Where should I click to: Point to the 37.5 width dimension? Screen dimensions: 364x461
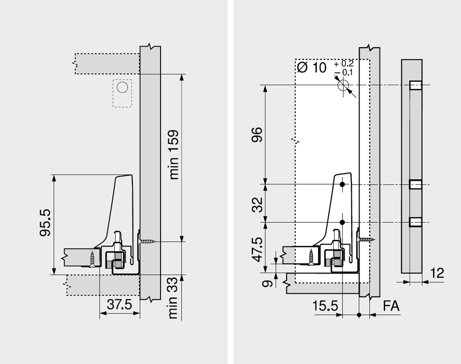(119, 304)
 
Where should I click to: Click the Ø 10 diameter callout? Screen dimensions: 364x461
(312, 67)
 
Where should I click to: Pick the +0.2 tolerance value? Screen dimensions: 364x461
(344, 64)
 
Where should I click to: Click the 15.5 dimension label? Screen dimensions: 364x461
(325, 306)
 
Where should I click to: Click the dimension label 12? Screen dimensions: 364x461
(437, 273)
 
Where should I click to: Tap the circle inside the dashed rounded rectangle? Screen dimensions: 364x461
(122, 87)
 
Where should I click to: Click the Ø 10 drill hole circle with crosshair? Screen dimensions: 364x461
(343, 85)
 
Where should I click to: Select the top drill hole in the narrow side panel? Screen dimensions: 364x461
(415, 85)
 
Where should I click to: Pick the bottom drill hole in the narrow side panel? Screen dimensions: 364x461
(415, 222)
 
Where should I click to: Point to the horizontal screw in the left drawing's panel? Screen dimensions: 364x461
(147, 241)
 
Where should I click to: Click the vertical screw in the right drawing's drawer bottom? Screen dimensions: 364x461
(311, 255)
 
